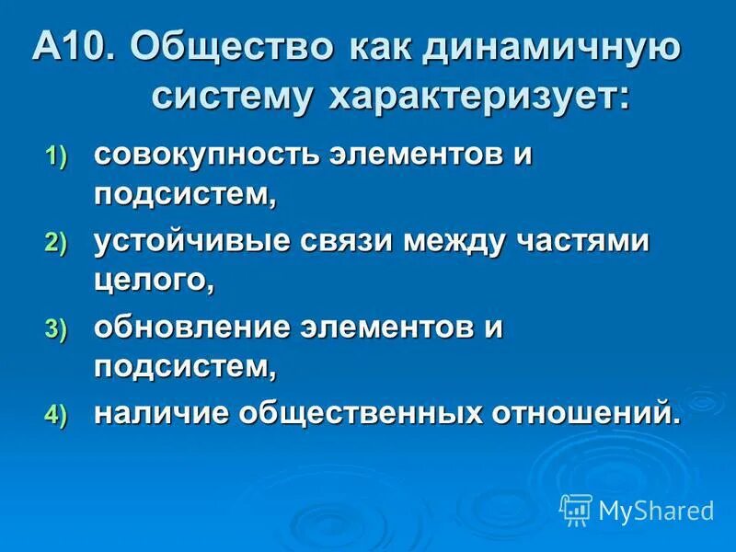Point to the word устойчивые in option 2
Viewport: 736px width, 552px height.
(190, 241)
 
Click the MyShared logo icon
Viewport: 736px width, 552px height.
(576, 509)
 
